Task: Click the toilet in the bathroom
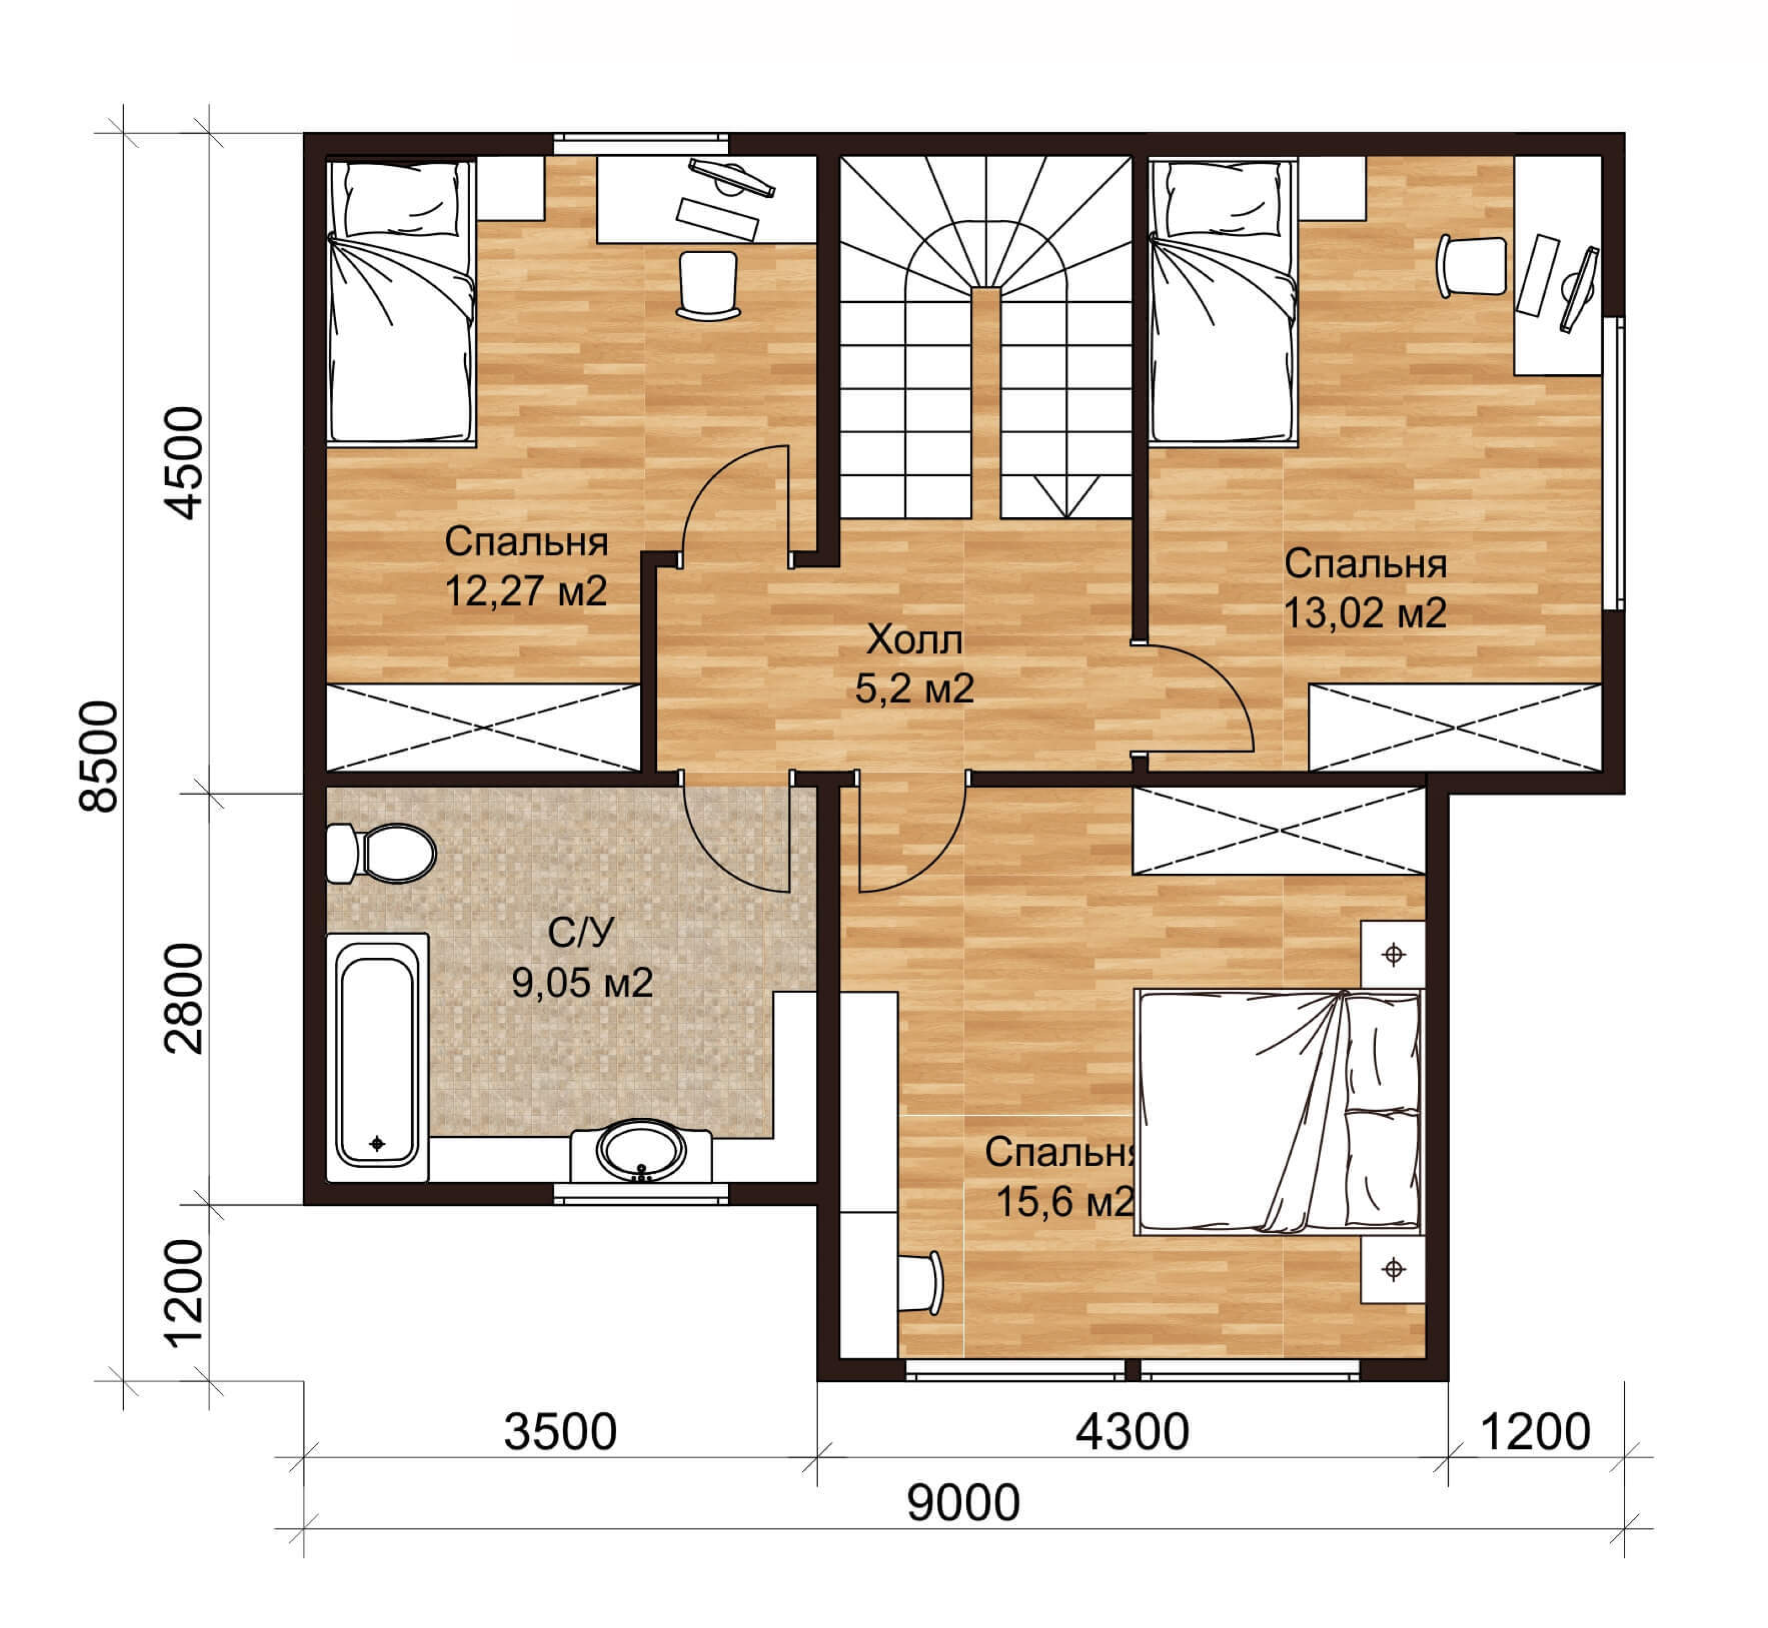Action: [381, 853]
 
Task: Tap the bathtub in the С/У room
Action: [377, 1057]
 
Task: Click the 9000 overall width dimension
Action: [963, 1503]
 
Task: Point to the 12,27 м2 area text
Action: [526, 591]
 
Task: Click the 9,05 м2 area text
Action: [582, 981]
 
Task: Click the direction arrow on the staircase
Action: [1066, 497]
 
